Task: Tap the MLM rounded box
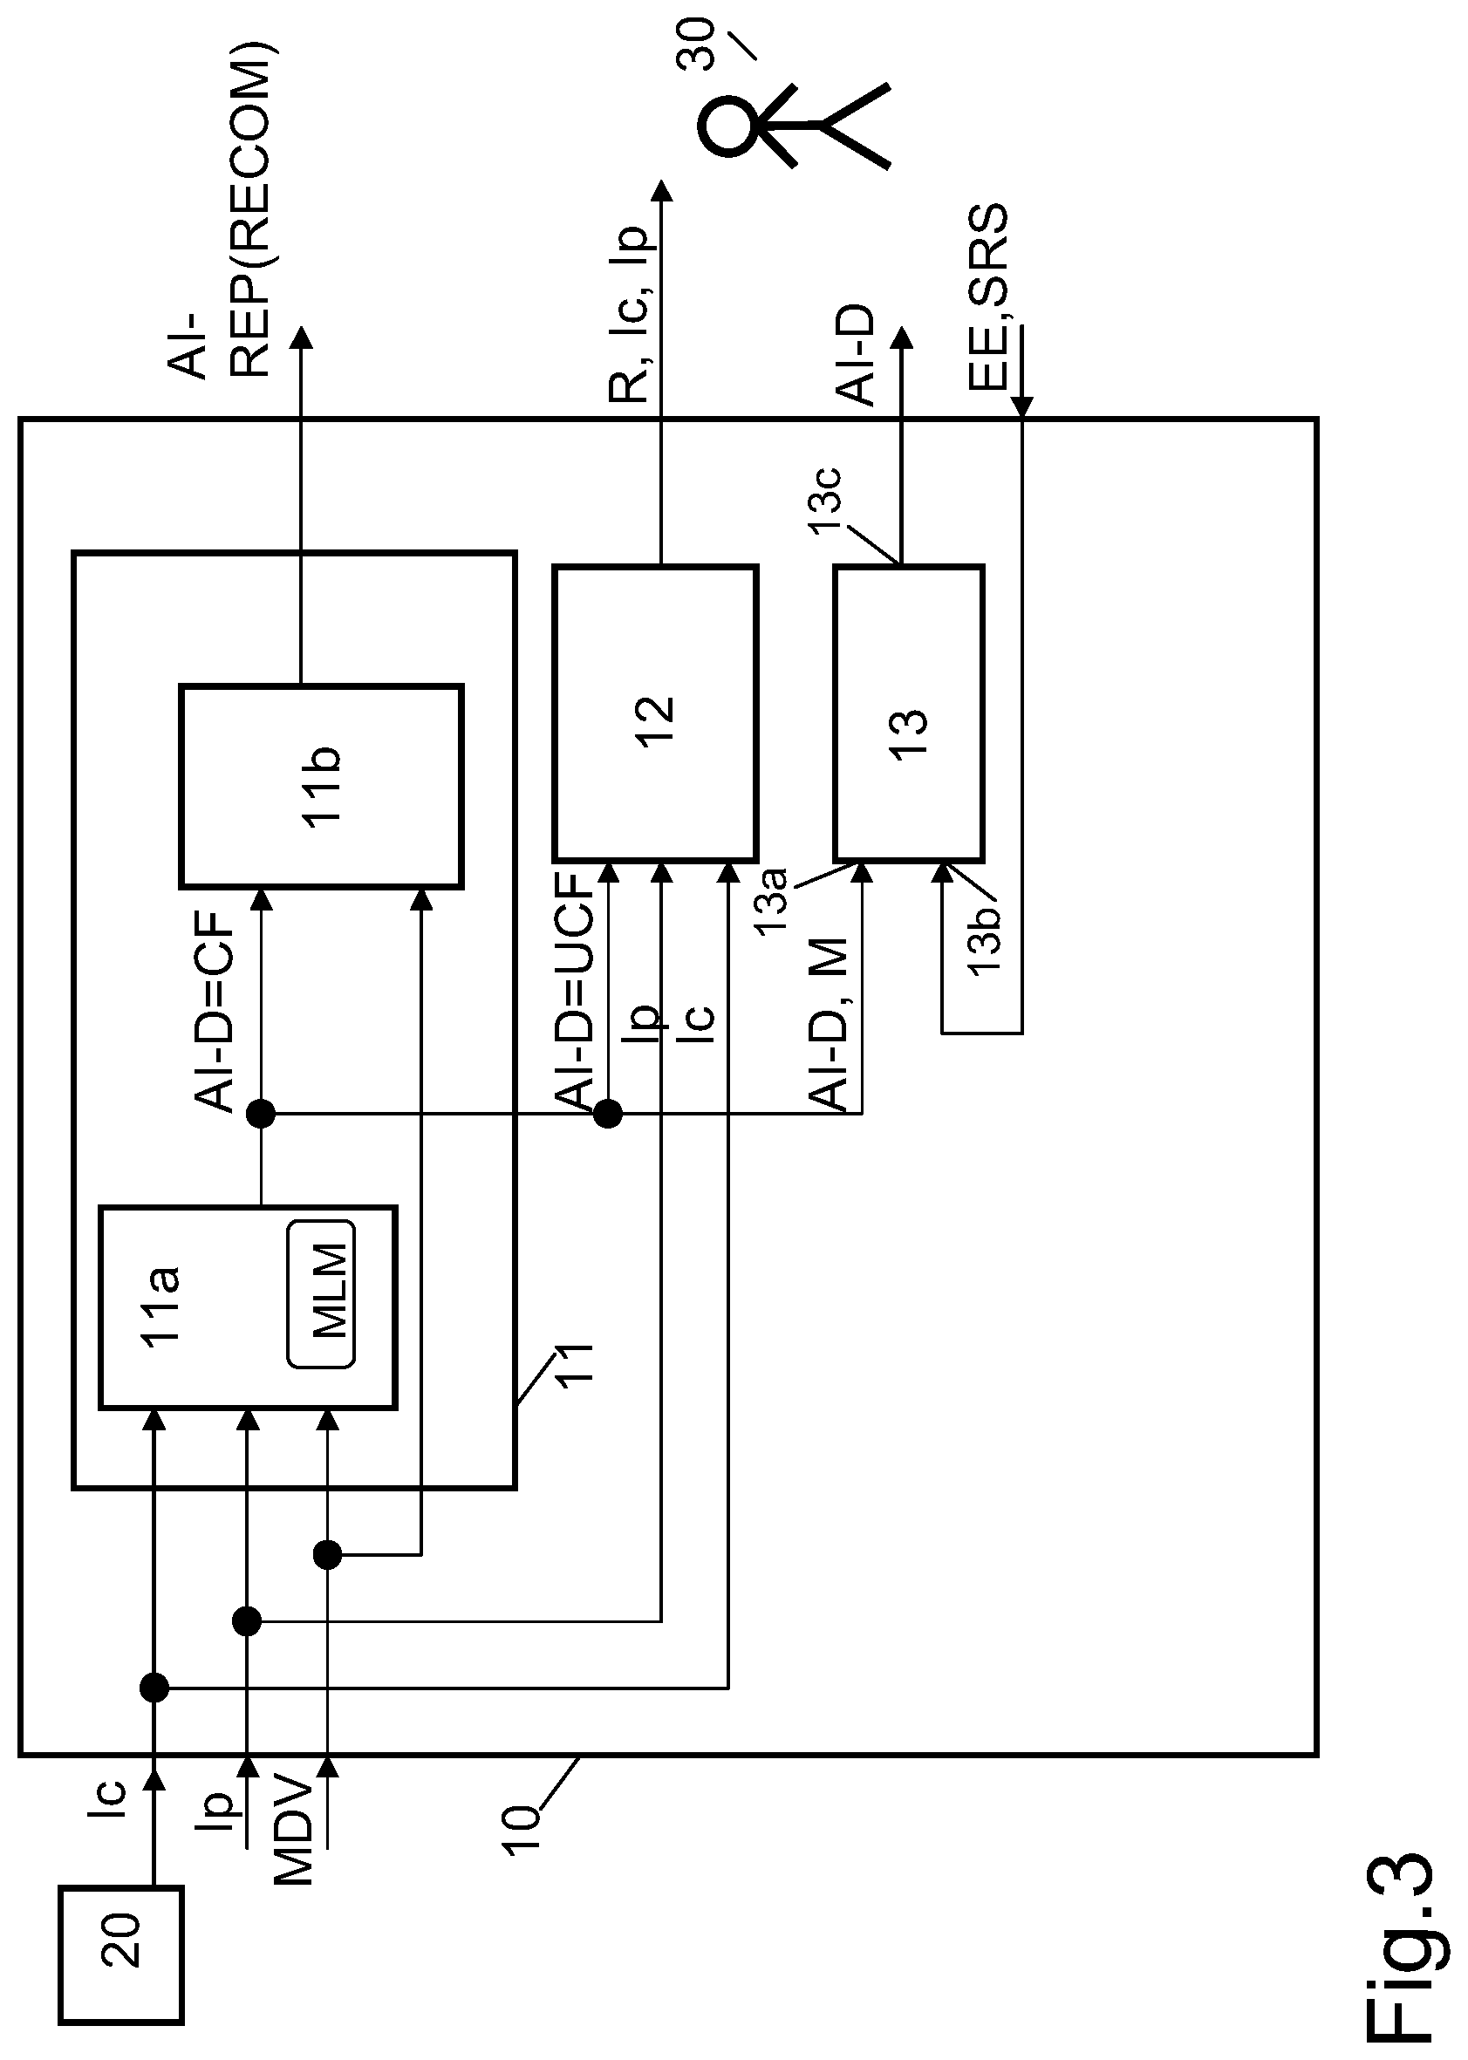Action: click(321, 1293)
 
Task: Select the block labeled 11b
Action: click(321, 787)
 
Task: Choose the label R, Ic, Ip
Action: click(629, 313)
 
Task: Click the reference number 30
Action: click(696, 45)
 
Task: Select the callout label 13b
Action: click(985, 940)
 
